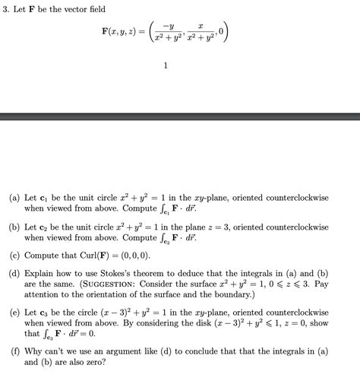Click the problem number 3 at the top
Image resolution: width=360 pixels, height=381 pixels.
point(6,8)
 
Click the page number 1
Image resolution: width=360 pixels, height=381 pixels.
point(165,66)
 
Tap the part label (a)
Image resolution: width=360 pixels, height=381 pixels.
point(14,197)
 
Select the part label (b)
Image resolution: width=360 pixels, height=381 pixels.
point(14,227)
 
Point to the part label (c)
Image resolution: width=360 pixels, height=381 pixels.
point(14,257)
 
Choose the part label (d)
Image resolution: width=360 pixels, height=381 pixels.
point(14,271)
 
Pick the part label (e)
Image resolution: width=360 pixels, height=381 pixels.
point(14,312)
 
